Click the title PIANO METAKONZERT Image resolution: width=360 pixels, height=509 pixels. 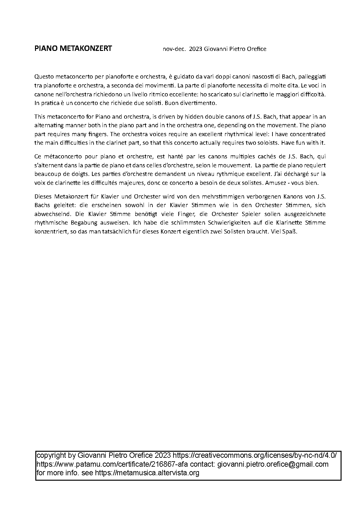(73, 48)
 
